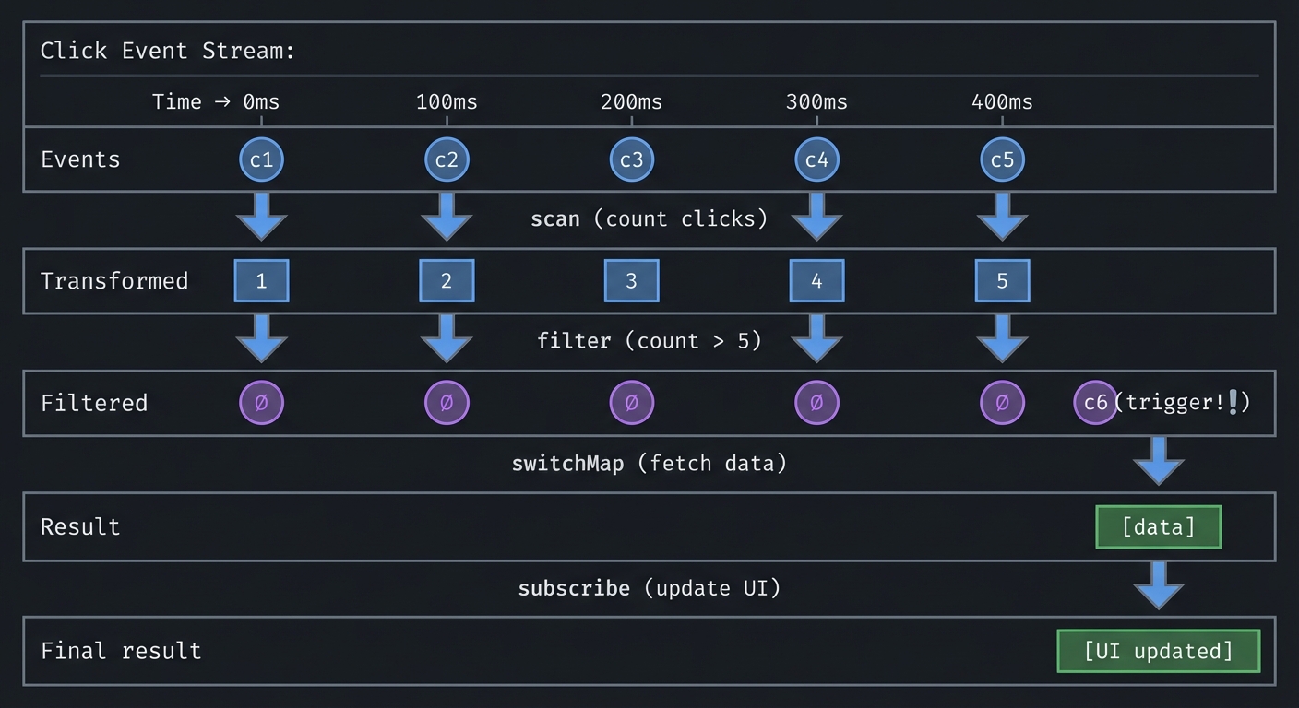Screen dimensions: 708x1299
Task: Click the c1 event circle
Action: coord(261,159)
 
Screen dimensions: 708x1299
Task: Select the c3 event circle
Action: coord(631,159)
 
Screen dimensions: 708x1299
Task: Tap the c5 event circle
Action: coord(1002,159)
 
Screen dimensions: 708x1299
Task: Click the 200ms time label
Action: coord(631,101)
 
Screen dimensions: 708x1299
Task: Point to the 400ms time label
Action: coord(1002,101)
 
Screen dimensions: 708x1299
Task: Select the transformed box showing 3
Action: coord(631,280)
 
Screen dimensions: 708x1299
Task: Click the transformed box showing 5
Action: coord(1002,280)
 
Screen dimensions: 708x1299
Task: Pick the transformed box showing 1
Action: coord(261,280)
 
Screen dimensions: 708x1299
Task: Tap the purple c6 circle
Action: coord(1095,403)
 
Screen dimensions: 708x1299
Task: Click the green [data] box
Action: coord(1158,526)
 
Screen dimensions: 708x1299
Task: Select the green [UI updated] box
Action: coord(1158,651)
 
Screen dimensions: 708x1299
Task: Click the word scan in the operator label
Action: coord(555,219)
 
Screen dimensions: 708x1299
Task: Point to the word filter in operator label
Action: coord(574,341)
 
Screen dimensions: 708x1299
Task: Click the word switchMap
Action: coord(567,463)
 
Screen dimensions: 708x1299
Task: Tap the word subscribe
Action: coord(574,588)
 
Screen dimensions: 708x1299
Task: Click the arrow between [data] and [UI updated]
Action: coord(1158,584)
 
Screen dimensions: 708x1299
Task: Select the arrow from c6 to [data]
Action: coord(1158,460)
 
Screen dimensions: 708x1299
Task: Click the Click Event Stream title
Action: coord(167,51)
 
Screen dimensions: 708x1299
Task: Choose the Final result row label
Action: coord(121,651)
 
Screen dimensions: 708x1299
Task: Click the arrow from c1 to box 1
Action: coord(261,217)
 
